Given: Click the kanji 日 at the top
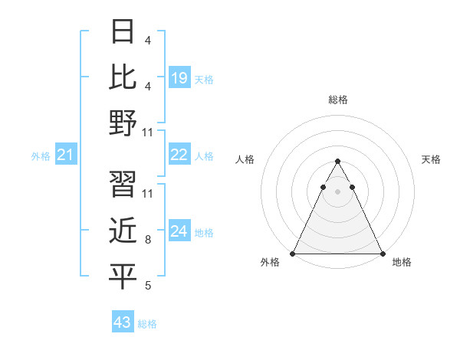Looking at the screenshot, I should [x=123, y=33].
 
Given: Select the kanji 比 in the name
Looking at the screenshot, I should [x=123, y=77].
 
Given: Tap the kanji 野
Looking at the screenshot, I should [x=123, y=122].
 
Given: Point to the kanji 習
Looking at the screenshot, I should [x=123, y=184].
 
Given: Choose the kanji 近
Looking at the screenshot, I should [x=123, y=230].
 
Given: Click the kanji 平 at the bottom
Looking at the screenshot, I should [x=123, y=276].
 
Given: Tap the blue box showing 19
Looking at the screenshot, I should [x=179, y=77].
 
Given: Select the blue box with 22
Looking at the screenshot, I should [x=179, y=155].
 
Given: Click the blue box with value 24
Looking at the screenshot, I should [x=179, y=231].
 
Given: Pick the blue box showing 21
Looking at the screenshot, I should [x=66, y=155].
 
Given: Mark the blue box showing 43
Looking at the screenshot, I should [x=123, y=322].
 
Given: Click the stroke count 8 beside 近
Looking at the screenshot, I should [x=147, y=241].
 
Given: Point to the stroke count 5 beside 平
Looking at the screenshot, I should [x=147, y=286].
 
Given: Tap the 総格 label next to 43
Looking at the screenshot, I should [x=147, y=324].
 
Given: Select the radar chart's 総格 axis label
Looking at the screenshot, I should [x=338, y=100].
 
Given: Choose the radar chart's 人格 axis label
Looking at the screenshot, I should [x=245, y=159].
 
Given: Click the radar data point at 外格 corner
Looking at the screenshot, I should [x=293, y=253].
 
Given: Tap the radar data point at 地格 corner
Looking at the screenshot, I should [x=382, y=253].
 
